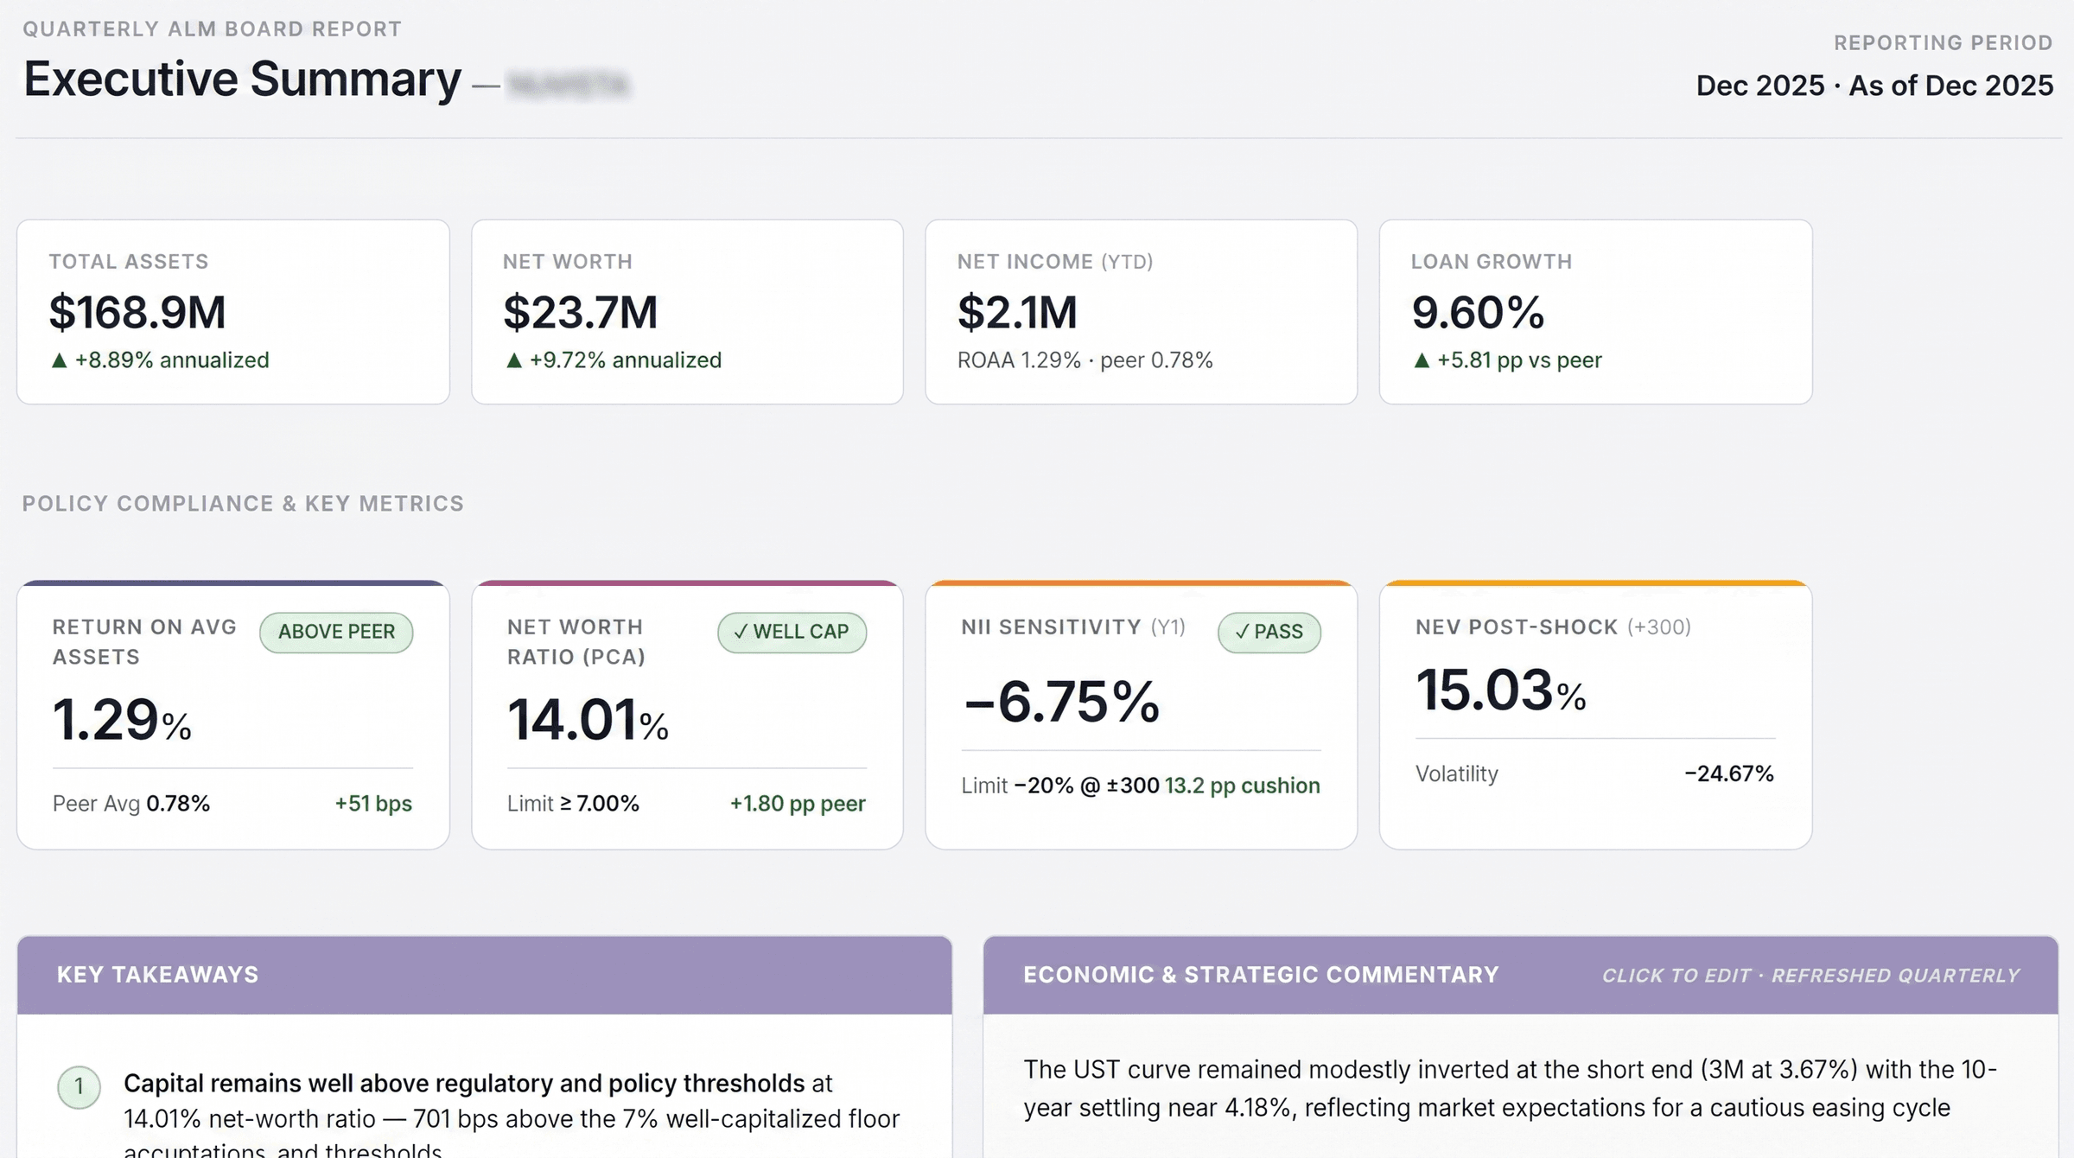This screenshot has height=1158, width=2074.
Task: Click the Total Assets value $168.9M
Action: [x=137, y=312]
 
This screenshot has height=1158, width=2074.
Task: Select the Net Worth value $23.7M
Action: [x=580, y=312]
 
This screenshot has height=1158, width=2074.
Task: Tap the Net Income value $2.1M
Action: [x=1017, y=312]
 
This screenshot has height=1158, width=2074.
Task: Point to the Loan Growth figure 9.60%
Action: [x=1478, y=312]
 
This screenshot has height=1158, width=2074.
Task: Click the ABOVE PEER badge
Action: [x=336, y=632]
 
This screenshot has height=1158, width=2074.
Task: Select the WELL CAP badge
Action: [x=792, y=632]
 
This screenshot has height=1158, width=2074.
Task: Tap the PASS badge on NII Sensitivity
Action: [x=1269, y=632]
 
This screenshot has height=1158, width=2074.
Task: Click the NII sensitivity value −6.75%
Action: [x=1061, y=701]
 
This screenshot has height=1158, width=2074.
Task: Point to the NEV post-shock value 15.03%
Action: [x=1500, y=690]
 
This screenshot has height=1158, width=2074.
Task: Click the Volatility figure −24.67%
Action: [x=1728, y=773]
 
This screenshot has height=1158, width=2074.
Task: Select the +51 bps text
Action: [x=373, y=804]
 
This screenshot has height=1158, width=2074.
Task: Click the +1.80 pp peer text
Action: [x=797, y=804]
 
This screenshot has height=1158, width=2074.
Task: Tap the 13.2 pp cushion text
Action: [x=1242, y=786]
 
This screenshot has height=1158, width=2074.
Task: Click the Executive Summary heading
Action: [x=242, y=80]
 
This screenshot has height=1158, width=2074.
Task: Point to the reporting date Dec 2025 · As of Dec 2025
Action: [x=1874, y=86]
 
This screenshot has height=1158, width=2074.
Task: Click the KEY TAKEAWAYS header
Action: [x=157, y=975]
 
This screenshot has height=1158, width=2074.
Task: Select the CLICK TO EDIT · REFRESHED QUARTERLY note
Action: [x=1810, y=976]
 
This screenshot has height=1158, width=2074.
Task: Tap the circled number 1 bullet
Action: [x=79, y=1086]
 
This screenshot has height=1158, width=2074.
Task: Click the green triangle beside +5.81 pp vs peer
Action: [x=1422, y=360]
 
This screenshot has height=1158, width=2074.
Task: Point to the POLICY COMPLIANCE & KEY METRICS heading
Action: [x=243, y=504]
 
